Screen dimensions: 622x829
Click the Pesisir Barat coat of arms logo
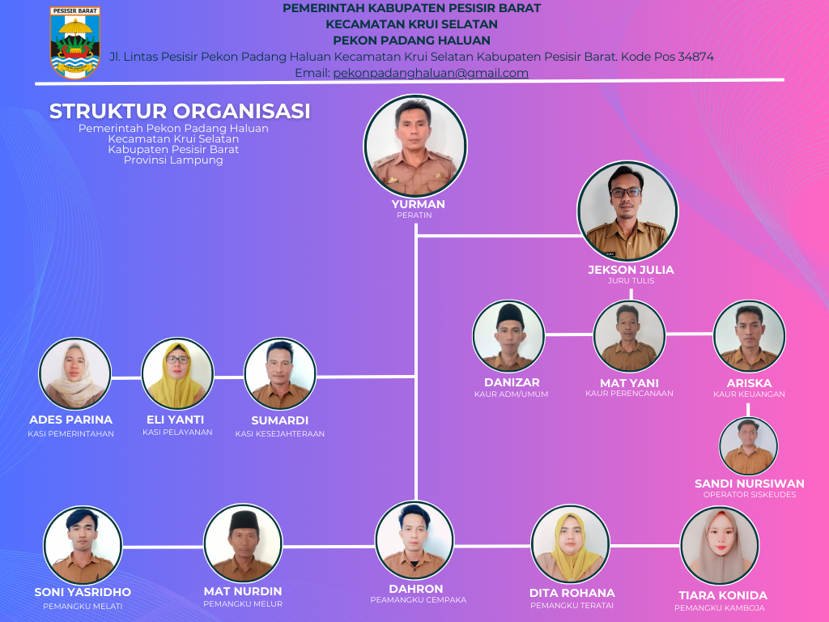coord(75,43)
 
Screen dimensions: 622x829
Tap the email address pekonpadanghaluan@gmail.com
coord(431,73)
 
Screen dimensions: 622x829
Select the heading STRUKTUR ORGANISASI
coord(180,111)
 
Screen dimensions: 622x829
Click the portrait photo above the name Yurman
coord(415,145)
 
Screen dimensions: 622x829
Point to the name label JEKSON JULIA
coord(631,270)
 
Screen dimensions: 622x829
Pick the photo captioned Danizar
coord(508,337)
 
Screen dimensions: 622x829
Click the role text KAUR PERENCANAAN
coord(629,394)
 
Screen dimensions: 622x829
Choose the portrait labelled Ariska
coord(749,336)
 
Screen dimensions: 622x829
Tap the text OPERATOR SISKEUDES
coord(749,495)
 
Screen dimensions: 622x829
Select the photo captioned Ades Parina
coord(74,373)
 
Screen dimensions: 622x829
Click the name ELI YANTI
coord(175,420)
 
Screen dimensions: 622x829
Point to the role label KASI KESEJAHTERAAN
coord(280,434)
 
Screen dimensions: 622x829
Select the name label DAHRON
coord(416,589)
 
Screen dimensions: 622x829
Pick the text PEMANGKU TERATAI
coord(572,606)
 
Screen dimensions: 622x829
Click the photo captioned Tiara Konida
coord(720,546)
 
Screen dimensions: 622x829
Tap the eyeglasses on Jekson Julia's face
coord(626,192)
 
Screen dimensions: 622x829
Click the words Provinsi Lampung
coord(173,160)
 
